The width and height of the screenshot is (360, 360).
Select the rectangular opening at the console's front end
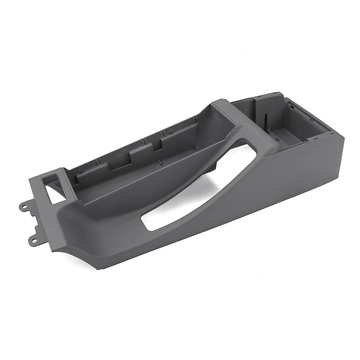(55, 193)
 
